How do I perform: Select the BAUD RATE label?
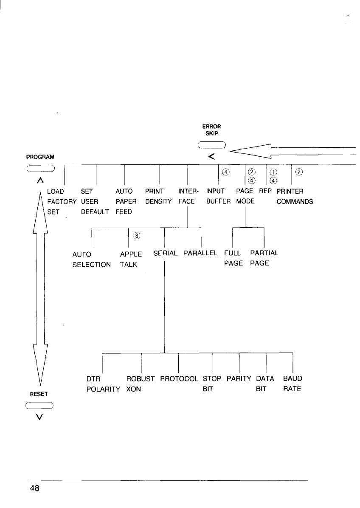292,384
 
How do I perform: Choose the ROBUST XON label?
141,384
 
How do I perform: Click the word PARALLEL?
200,253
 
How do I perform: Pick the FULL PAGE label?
233,258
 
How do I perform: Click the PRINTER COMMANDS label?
295,196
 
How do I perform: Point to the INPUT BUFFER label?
218,196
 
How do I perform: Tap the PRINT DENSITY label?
158,196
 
